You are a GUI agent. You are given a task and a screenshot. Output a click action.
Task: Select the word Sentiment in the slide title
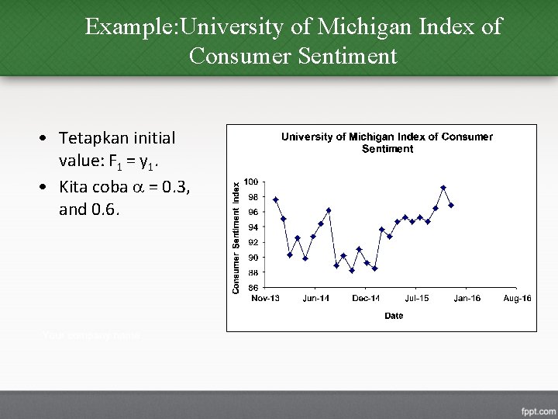[343, 57]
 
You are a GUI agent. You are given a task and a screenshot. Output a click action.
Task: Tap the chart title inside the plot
[387, 142]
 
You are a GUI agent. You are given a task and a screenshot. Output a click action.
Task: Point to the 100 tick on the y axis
[252, 182]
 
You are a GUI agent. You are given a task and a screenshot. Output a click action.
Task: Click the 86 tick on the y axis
[253, 288]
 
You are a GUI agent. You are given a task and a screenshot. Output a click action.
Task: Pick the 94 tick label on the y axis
[253, 227]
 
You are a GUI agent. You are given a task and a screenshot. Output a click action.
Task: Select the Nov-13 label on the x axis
[266, 299]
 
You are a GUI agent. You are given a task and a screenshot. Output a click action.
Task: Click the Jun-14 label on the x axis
[316, 299]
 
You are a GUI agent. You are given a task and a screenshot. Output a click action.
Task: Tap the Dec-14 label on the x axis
[366, 299]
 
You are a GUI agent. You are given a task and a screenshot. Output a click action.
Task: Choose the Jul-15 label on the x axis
[417, 299]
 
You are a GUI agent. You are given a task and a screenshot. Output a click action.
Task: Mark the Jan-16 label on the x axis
[467, 299]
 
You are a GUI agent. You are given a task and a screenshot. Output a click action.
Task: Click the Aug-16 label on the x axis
[517, 299]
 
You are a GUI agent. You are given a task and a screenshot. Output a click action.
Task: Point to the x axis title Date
[393, 316]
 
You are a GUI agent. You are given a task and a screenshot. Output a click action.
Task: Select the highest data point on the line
[443, 188]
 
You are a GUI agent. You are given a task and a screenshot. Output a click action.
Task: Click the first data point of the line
[276, 199]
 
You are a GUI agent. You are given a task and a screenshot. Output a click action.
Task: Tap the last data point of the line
[450, 205]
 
